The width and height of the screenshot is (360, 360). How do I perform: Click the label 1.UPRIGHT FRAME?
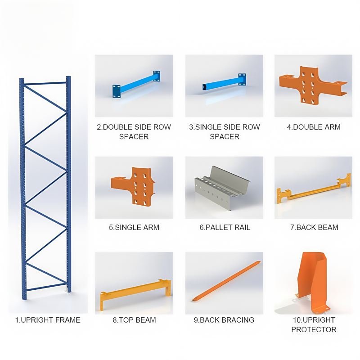[x=48, y=320]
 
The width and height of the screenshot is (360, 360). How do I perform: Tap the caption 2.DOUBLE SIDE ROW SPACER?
[x=134, y=131]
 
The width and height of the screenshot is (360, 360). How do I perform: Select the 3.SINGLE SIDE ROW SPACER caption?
[x=224, y=131]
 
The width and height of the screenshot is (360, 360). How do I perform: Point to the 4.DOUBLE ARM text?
[x=314, y=127]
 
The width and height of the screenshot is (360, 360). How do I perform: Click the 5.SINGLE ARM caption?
[x=134, y=227]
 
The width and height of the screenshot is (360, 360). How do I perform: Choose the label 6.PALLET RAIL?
[x=224, y=227]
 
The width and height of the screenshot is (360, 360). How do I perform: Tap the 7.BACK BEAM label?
[x=314, y=227]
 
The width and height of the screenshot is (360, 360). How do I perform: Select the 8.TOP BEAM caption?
[x=134, y=320]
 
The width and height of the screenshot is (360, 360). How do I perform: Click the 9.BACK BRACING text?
[x=224, y=320]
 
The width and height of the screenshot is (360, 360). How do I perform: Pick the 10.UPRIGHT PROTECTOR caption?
[x=314, y=324]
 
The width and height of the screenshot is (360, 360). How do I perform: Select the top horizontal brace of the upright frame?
[x=45, y=83]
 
